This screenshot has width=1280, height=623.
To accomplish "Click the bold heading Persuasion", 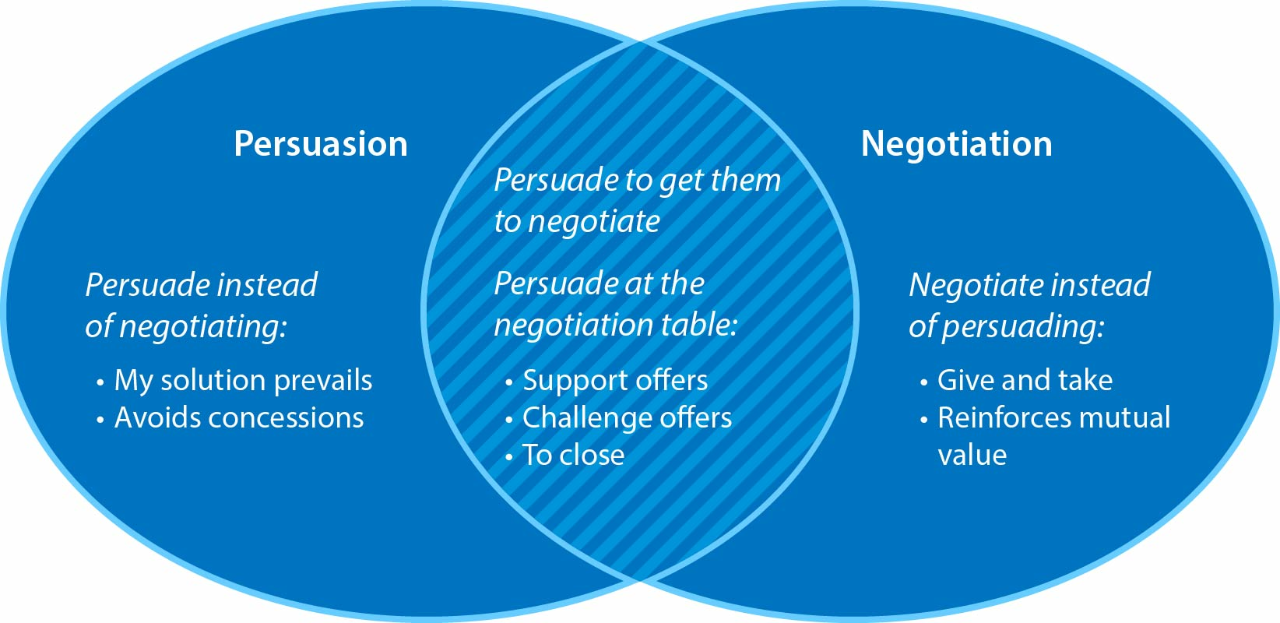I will pos(321,144).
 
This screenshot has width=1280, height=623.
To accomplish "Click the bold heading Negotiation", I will pos(956,144).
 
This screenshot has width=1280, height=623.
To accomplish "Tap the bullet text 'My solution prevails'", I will pos(243,380).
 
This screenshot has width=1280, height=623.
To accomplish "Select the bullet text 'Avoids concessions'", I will pos(239,417).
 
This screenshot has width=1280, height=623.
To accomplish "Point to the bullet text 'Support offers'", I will pos(615,380).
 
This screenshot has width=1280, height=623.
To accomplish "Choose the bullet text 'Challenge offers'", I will pos(627,417).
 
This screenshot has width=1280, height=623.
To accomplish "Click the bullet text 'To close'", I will pos(573,455).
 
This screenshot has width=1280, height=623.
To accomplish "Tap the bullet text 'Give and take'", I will pos(1025,380).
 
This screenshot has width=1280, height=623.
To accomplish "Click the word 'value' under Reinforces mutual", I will pos(972,455).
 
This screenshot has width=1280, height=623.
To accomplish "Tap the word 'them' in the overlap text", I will pos(745,181).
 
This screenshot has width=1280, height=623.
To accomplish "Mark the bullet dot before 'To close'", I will pos(509,457).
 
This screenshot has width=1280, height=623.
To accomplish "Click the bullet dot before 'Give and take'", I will pos(924,382).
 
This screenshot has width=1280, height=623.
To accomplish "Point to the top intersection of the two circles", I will pos(640,41).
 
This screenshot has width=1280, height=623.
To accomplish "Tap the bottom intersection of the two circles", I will pos(640,581).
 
